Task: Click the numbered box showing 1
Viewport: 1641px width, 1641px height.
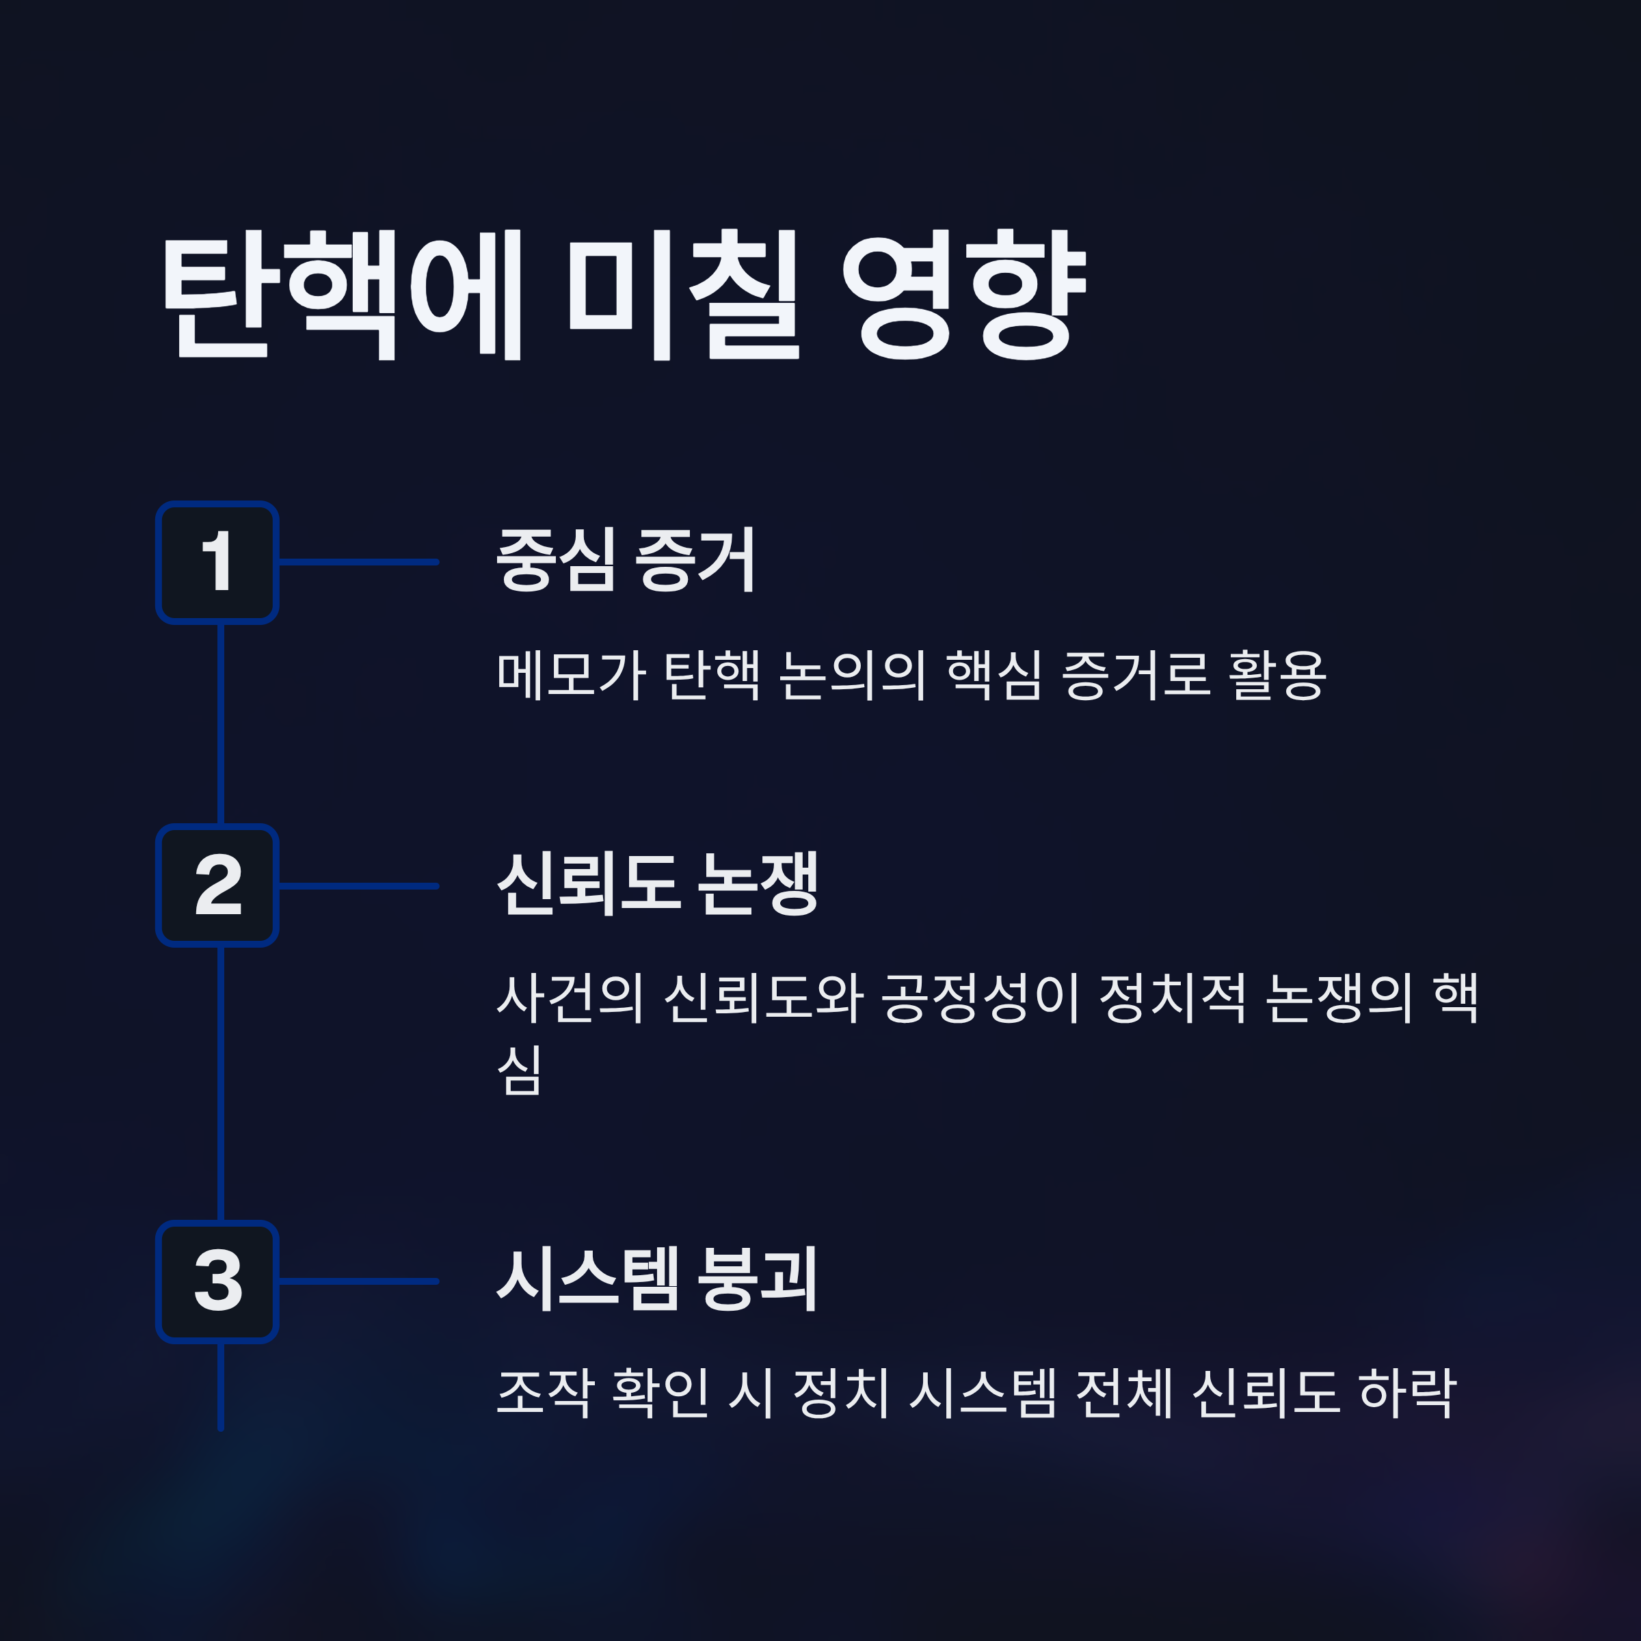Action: [217, 562]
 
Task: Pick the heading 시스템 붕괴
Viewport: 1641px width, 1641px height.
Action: [656, 1279]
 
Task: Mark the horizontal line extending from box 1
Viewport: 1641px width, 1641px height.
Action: [358, 562]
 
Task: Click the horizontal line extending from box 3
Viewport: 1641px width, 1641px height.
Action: [358, 1281]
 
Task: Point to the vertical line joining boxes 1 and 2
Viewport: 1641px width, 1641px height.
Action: [221, 723]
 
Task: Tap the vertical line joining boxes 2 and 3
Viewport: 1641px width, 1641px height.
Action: [221, 1083]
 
